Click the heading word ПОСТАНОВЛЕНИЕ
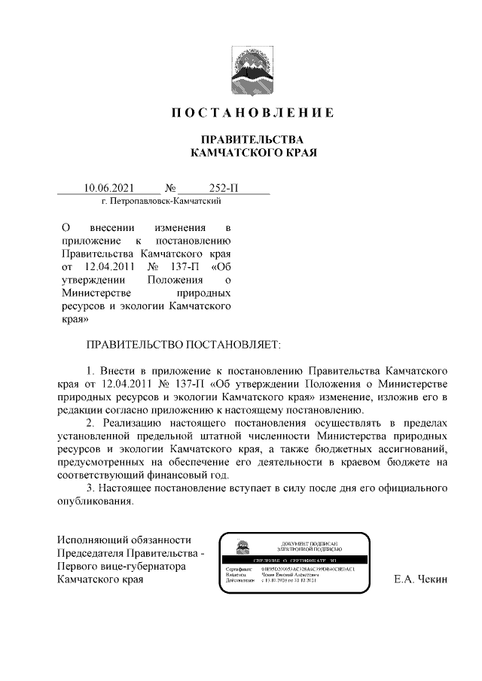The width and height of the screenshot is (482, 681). [252, 114]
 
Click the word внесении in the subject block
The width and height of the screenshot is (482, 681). [113, 226]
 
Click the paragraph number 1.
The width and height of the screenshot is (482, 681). [90, 371]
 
